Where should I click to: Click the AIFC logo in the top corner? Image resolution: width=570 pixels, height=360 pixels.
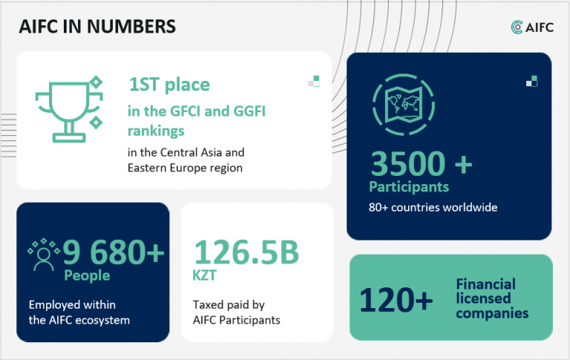tap(532, 27)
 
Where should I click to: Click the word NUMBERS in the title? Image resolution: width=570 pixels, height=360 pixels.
tap(131, 27)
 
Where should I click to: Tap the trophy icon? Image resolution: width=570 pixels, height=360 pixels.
tap(69, 109)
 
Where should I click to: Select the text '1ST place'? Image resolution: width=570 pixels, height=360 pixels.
tap(169, 85)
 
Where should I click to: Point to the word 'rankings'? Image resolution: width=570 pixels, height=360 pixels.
tap(156, 131)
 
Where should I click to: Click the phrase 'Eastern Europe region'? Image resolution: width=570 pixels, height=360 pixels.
tap(185, 168)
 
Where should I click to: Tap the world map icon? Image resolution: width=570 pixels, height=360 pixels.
tap(404, 105)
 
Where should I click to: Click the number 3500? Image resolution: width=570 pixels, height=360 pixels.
tap(408, 163)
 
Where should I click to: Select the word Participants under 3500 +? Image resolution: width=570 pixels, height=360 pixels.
tap(409, 187)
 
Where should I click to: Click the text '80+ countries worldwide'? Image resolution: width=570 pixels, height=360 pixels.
tap(433, 207)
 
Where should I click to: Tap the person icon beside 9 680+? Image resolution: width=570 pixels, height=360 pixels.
tap(44, 255)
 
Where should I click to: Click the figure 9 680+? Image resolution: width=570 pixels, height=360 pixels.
tap(114, 252)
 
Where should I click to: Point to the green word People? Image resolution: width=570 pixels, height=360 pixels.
tap(87, 275)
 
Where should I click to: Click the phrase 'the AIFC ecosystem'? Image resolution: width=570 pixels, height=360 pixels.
tap(79, 320)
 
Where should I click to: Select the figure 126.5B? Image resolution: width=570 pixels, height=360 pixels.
tap(246, 252)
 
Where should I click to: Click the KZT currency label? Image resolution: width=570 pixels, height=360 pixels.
tap(204, 275)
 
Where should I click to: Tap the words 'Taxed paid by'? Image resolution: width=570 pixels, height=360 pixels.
tap(229, 305)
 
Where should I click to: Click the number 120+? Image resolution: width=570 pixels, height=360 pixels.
tap(396, 300)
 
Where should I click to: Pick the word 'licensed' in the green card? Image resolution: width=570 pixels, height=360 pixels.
tap(483, 298)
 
